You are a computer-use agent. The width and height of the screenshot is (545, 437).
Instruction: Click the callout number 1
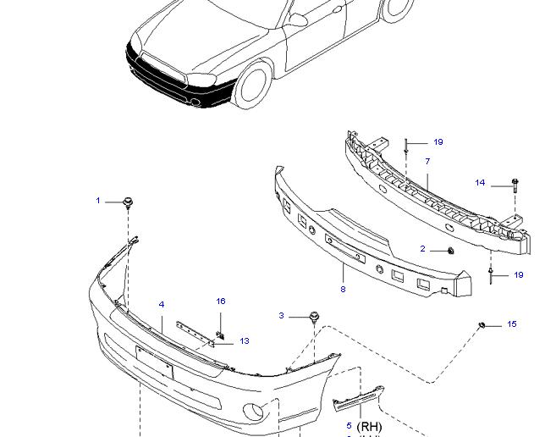[x=98, y=201]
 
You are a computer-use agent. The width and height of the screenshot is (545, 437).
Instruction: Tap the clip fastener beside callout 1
[x=129, y=202]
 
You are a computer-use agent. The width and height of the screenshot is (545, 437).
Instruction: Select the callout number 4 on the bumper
[x=161, y=305]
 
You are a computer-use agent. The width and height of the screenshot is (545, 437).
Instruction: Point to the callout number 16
[x=221, y=301]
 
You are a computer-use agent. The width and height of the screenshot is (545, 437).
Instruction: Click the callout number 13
[x=244, y=341]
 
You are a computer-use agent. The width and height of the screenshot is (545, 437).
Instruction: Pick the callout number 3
[x=282, y=316]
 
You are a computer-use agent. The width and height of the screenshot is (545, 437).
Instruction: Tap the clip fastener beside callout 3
[x=315, y=318]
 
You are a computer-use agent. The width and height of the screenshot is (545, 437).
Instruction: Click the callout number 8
[x=343, y=290]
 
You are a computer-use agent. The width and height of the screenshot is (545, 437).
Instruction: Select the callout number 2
[x=423, y=249]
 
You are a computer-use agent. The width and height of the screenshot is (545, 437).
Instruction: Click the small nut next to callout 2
[x=449, y=251]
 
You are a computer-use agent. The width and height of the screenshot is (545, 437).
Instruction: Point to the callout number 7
[x=427, y=161]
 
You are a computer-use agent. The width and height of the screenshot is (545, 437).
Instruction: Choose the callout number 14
[x=480, y=183]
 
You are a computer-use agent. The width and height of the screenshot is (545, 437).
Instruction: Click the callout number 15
[x=511, y=324]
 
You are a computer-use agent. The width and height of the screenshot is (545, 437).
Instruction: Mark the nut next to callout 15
[x=482, y=324]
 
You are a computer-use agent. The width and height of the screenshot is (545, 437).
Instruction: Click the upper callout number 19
[x=438, y=142]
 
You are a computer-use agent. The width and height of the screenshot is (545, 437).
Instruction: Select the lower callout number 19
[x=519, y=275]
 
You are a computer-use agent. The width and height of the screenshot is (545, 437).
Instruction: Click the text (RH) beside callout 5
[x=370, y=426]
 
